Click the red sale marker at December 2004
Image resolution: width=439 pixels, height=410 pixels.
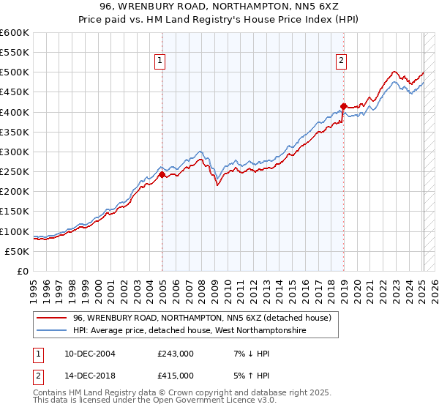coord(162,174)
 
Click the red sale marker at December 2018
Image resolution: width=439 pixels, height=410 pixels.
coord(343,106)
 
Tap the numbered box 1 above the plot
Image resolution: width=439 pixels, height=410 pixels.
coord(160,61)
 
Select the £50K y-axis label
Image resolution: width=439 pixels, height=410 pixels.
coord(17,251)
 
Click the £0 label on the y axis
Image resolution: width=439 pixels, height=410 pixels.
coord(23,271)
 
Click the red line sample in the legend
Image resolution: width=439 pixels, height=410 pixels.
coord(51,318)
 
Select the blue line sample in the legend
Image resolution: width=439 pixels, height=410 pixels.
coord(51,331)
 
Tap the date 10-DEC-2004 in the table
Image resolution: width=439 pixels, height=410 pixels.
coord(87,354)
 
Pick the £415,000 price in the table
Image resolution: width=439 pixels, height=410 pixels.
coord(175,376)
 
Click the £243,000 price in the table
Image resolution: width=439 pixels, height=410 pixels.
coord(175,354)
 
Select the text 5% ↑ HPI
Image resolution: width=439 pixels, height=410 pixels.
coord(251,376)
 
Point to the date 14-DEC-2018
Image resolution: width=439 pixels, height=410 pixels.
coord(87,376)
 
